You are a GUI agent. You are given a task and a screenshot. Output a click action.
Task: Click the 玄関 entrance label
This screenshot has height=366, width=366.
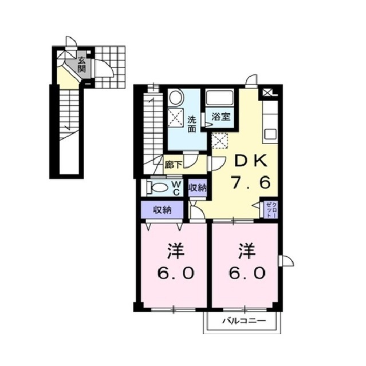81,65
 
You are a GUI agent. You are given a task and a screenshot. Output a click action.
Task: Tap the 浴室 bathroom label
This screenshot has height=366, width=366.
221,117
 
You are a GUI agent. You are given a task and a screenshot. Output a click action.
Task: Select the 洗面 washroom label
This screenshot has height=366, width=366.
192,125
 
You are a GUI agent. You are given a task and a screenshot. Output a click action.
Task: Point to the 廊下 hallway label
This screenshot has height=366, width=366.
173,165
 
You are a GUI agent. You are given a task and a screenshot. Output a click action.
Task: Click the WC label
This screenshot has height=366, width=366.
176,188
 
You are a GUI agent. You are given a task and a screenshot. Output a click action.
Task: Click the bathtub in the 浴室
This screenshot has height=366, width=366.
220,98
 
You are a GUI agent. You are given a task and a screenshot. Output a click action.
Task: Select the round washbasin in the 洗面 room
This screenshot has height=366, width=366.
176,97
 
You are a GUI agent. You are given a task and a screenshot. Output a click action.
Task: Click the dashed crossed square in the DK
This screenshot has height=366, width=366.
219,141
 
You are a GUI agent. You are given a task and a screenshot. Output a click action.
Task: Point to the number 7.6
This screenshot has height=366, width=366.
250,182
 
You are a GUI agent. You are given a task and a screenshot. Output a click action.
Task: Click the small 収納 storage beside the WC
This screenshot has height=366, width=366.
198,188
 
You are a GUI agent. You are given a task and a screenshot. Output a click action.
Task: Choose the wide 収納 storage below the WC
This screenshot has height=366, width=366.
162,210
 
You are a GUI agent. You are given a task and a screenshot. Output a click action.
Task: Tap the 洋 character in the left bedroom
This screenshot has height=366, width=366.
176,251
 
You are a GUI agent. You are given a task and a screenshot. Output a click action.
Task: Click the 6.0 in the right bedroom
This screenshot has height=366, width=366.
247,273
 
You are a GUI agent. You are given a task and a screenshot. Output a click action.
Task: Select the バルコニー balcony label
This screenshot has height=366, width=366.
244,321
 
